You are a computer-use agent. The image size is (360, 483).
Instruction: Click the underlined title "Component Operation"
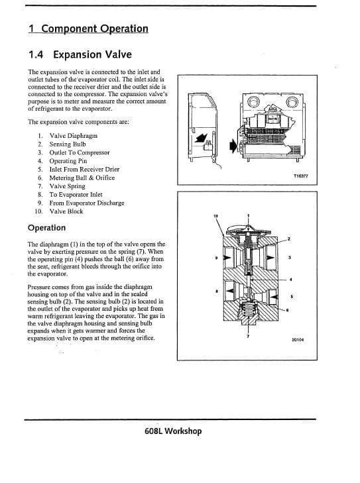tap(88, 28)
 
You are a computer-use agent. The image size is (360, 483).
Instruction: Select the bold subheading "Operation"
tap(47, 228)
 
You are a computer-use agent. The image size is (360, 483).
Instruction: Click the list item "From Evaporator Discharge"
tap(87, 203)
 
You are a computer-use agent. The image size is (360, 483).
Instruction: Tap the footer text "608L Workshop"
tap(173, 431)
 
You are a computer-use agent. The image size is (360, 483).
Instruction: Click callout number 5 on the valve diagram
tap(292, 296)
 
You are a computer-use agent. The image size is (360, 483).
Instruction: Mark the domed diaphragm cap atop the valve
tap(248, 229)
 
